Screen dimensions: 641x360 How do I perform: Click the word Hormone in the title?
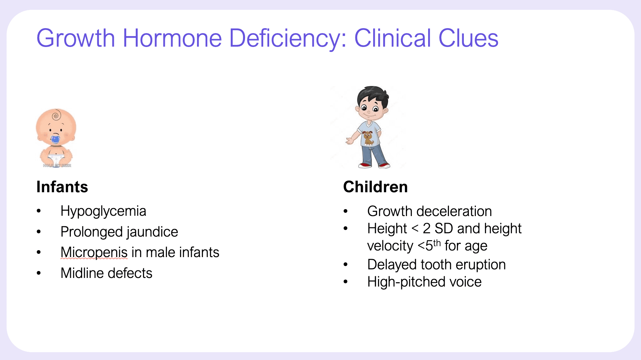[x=172, y=38]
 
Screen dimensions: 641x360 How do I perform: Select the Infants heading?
[x=62, y=187]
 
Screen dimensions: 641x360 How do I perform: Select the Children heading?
[x=375, y=187]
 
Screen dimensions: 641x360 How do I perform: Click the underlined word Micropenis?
[x=94, y=253]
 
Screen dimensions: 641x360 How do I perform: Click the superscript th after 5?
[x=437, y=243]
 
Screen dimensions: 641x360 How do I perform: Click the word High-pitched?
[x=406, y=282]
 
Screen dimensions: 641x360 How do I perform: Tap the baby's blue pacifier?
[x=55, y=140]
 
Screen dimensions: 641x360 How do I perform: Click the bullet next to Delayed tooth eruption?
[x=346, y=265]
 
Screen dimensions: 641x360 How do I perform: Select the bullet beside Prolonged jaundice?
[x=39, y=232]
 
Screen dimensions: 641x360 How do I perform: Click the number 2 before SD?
[x=426, y=229]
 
